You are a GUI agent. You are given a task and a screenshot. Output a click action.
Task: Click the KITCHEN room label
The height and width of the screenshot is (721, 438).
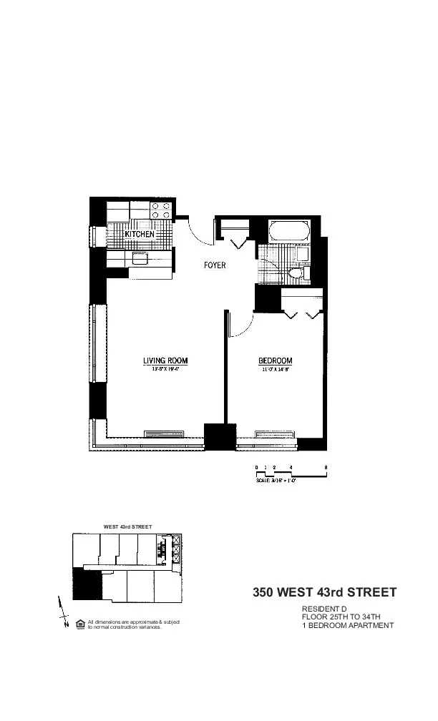coord(139,234)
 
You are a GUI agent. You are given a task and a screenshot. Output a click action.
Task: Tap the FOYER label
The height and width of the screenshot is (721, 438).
coord(214,265)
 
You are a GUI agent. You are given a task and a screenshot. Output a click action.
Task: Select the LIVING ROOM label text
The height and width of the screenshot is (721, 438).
coord(165,360)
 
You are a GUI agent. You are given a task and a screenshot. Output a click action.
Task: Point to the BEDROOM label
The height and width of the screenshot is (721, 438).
coord(276,360)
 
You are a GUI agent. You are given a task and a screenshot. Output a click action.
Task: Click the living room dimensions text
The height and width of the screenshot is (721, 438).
coord(165,369)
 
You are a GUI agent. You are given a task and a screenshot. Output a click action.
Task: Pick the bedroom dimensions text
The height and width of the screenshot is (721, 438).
coord(276,369)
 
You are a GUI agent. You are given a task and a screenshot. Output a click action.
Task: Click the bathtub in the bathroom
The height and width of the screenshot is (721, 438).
coord(288,232)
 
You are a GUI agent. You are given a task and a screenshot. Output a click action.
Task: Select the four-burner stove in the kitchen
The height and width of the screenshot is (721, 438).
coord(161,209)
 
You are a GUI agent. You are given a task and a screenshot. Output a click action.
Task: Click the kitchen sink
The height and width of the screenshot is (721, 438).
coord(139,258)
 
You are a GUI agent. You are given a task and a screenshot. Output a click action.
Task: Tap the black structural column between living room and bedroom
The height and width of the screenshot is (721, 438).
coord(220,436)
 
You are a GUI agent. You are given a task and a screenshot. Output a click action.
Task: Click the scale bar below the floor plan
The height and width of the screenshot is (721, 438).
coord(291,472)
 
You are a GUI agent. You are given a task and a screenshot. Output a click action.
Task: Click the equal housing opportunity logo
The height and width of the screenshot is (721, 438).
coord(80,623)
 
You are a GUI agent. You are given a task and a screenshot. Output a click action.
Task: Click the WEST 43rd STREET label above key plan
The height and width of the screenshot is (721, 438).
coord(127,526)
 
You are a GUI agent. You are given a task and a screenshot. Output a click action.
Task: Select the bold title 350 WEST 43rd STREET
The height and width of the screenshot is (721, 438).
coord(323,592)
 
